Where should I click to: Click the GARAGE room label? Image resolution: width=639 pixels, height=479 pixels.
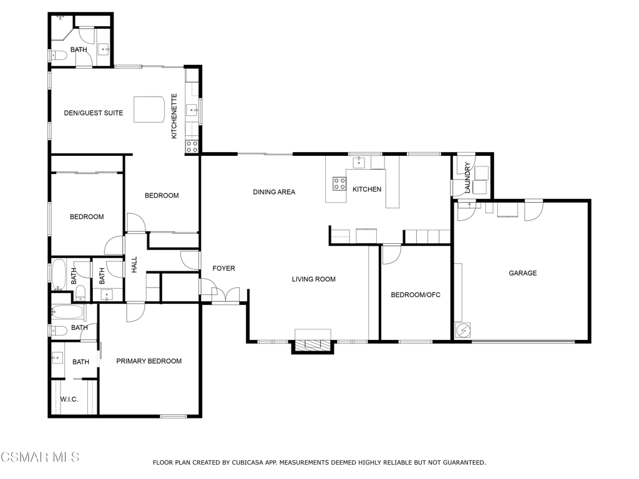522,273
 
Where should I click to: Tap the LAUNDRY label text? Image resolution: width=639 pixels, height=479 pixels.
467,178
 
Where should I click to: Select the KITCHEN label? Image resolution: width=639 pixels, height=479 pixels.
366,190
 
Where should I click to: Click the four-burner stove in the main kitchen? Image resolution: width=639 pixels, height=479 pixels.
339,183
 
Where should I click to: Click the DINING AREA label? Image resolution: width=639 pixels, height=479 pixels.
273,192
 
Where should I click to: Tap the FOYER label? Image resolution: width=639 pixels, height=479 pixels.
223,269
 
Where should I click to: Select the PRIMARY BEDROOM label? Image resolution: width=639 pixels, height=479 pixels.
149,361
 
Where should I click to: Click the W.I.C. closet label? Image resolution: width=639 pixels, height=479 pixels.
69,399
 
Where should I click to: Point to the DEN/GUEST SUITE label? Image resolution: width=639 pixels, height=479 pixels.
93,114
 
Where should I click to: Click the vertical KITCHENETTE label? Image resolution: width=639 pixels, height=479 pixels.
175,116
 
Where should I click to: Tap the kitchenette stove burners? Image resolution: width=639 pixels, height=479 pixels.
192,147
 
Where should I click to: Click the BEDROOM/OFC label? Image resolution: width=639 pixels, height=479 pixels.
415,295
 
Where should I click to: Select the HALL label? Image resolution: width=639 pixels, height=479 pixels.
134,264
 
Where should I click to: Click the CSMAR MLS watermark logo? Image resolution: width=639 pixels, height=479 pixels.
40,458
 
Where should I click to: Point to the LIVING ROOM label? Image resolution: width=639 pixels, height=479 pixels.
313,279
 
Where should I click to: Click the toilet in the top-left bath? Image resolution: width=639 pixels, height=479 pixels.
58,55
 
